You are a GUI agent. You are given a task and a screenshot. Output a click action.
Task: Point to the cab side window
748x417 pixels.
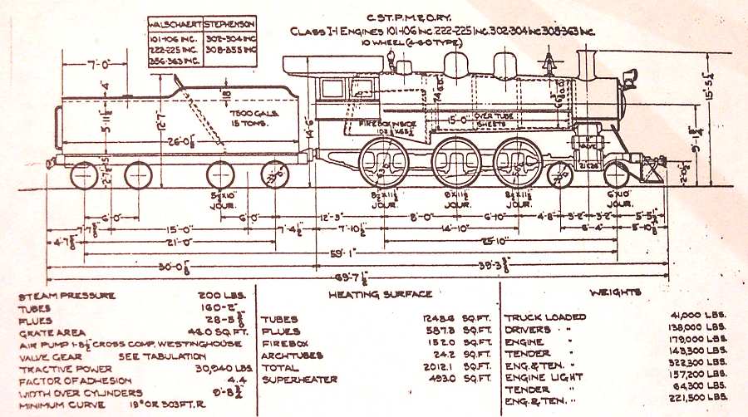click(332, 88)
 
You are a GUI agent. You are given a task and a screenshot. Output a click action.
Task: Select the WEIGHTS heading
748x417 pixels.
click(615, 293)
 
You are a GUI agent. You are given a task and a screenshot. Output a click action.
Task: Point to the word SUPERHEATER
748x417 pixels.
click(300, 380)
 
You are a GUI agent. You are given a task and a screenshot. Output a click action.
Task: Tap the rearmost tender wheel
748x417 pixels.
click(84, 175)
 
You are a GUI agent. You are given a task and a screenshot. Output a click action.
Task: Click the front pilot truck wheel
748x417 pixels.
click(617, 174)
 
